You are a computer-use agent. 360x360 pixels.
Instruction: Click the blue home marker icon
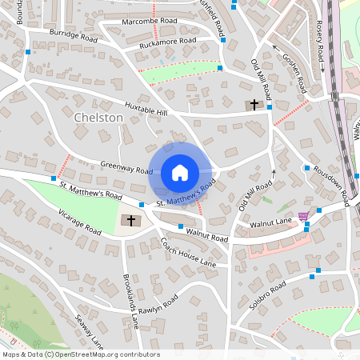tap(179, 173)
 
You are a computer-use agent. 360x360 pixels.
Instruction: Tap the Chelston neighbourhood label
tap(98, 118)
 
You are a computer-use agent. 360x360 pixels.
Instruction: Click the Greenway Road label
tap(126, 167)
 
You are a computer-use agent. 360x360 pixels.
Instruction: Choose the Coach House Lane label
tap(187, 252)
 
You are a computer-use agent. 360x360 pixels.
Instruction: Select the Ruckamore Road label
tap(167, 42)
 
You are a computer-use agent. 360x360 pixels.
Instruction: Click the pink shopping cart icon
tap(303, 215)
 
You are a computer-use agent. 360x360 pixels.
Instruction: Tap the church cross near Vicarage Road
tap(130, 220)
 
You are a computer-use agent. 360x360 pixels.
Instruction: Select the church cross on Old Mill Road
tap(254, 105)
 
